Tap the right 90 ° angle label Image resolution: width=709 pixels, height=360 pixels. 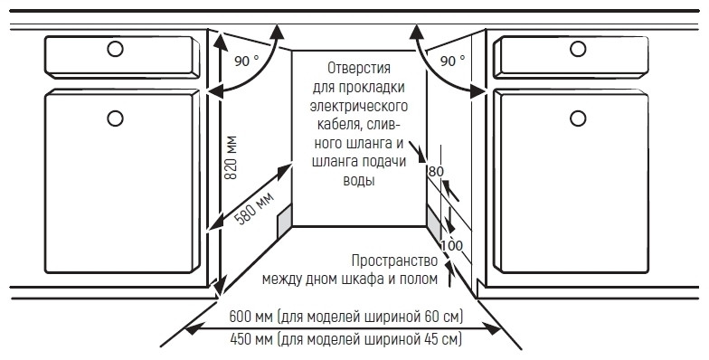click(452, 62)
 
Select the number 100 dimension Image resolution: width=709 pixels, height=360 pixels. click(451, 246)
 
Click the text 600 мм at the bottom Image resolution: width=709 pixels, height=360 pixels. click(251, 317)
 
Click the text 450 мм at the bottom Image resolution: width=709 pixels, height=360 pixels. click(251, 340)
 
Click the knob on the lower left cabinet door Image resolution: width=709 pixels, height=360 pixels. click(115, 116)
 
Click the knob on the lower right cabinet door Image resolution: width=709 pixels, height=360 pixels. click(577, 116)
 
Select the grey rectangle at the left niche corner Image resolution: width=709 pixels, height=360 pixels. click(284, 217)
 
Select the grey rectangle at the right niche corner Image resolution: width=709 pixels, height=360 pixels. click(434, 218)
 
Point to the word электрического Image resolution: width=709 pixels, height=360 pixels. click(360, 106)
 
